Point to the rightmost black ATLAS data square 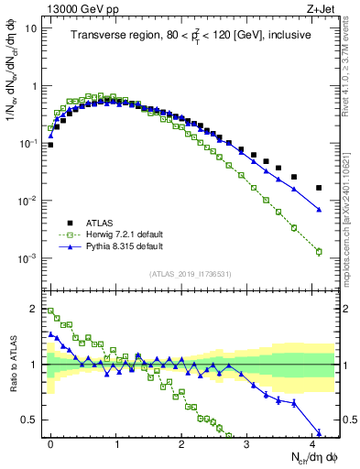(x=319, y=188)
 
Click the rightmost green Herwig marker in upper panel (x=319, y=251)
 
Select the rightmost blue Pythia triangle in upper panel (x=319, y=210)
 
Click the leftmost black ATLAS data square (x=50, y=145)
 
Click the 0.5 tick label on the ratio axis (x=33, y=420)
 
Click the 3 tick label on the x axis (x=247, y=442)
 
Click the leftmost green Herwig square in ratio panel (x=50, y=311)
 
